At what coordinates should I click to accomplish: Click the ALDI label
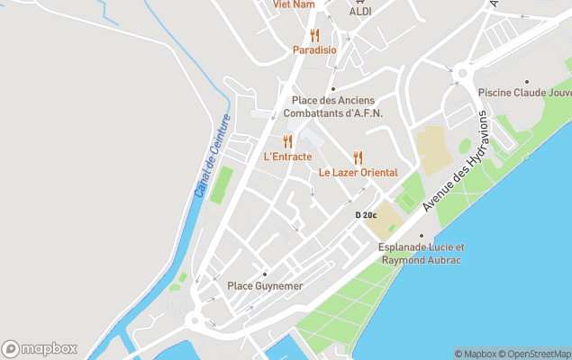(360, 12)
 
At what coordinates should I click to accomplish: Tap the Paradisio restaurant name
(314, 50)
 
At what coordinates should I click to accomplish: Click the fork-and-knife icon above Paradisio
(314, 36)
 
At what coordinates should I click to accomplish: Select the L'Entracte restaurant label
(287, 157)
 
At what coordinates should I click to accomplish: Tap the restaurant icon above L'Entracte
(287, 141)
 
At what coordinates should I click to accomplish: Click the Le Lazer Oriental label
(358, 173)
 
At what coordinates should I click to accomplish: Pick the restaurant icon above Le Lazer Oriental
(358, 157)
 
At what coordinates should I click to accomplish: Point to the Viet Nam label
(295, 4)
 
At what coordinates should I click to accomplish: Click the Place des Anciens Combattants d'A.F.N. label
(332, 106)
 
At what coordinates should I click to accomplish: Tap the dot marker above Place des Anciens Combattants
(332, 88)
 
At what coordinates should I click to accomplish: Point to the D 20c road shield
(366, 215)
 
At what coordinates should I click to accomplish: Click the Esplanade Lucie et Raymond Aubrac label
(421, 253)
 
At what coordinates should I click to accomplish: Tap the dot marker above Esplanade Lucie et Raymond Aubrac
(421, 236)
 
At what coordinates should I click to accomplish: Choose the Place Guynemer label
(265, 286)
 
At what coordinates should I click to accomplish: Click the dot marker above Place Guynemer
(265, 274)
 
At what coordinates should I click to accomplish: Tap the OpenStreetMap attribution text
(537, 354)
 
